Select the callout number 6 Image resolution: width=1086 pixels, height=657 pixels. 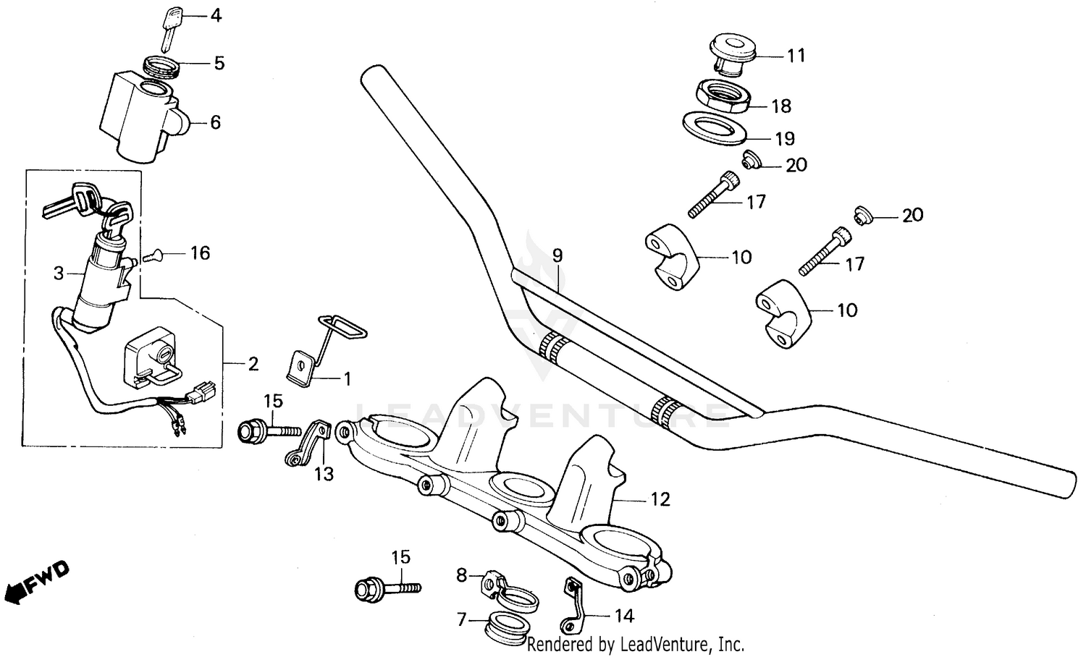click(x=215, y=122)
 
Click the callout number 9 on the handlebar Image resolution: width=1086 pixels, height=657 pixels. click(x=557, y=255)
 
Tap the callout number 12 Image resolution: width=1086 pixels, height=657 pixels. click(x=660, y=499)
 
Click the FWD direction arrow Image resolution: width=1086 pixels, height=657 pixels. click(x=36, y=580)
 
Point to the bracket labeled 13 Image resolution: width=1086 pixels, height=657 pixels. click(x=307, y=442)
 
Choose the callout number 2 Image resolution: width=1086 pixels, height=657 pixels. click(x=253, y=363)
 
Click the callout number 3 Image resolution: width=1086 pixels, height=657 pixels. click(x=59, y=274)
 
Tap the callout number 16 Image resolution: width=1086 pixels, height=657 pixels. click(x=200, y=253)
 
